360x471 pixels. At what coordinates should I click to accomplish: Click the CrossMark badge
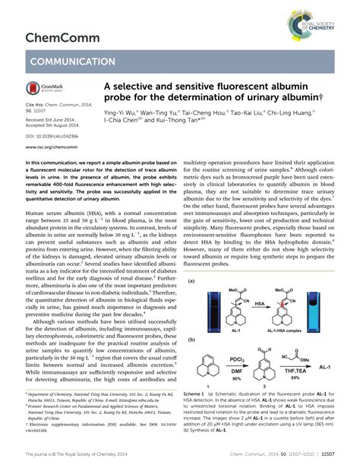(45, 90)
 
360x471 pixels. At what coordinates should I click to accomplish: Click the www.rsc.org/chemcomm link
(53, 150)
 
